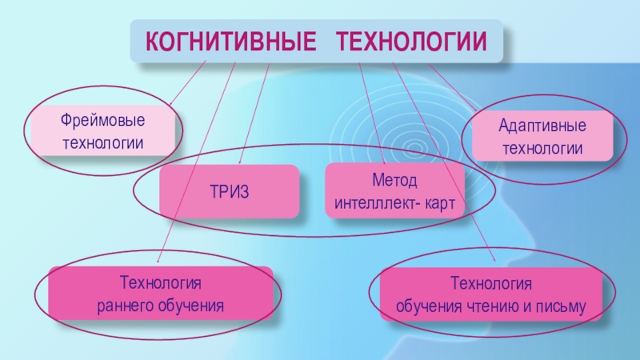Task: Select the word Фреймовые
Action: coord(102,122)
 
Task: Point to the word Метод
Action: coord(394,181)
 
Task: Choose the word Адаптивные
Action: coord(542,126)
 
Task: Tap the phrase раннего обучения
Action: coord(160,305)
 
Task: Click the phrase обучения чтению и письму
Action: coord(492,305)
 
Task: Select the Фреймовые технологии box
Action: coord(102,132)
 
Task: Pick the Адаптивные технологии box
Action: coord(542,137)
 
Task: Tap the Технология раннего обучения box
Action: coord(160,294)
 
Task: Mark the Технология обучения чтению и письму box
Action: coord(492,294)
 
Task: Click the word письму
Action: coord(562,306)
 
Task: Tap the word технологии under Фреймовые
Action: coord(102,143)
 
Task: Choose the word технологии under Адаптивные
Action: coord(542,148)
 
